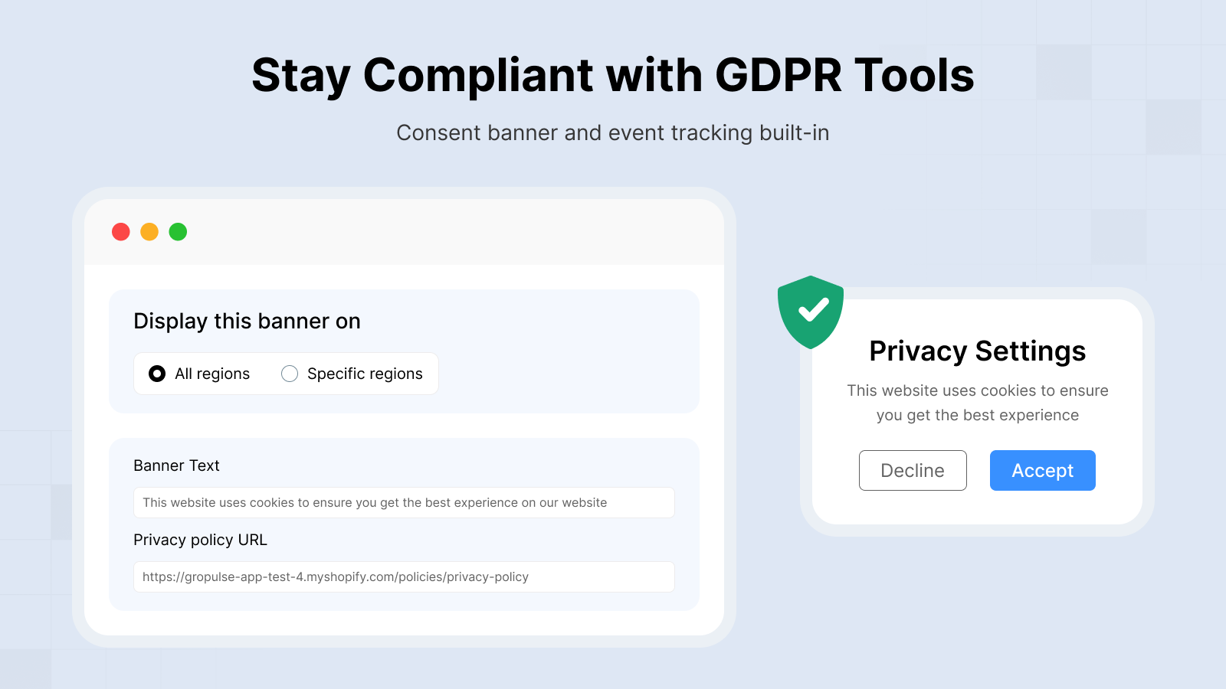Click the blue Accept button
pos(1043,470)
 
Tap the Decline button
pos(913,470)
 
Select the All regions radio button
pos(157,374)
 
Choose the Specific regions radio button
pos(290,374)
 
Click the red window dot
pos(121,232)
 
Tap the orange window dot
pos(149,232)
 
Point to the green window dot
pos(178,232)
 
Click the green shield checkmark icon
pos(811,312)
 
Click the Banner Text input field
pos(404,502)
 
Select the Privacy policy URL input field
pos(404,577)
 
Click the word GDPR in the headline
pos(779,75)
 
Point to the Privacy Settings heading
pos(978,351)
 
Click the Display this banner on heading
pos(247,321)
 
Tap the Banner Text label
pos(176,465)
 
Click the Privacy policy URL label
pos(200,540)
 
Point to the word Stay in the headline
pos(301,77)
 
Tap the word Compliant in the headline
pos(478,77)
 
